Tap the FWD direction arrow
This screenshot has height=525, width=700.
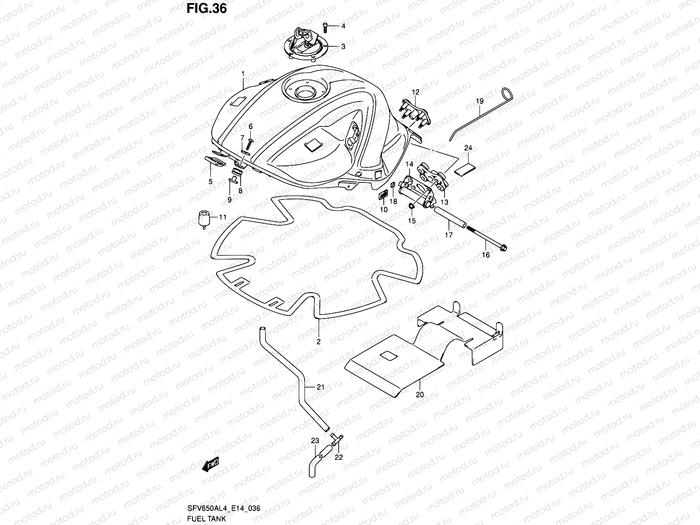[210, 465]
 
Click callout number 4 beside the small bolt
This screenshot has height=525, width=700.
[343, 26]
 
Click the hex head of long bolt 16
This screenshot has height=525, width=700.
[503, 248]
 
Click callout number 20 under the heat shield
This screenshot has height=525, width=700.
[420, 394]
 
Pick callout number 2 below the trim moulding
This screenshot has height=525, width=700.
[318, 342]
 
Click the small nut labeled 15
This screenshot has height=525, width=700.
[412, 206]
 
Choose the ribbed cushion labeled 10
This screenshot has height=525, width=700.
[383, 195]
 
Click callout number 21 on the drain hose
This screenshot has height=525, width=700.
[321, 387]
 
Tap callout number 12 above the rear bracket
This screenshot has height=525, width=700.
[415, 92]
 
